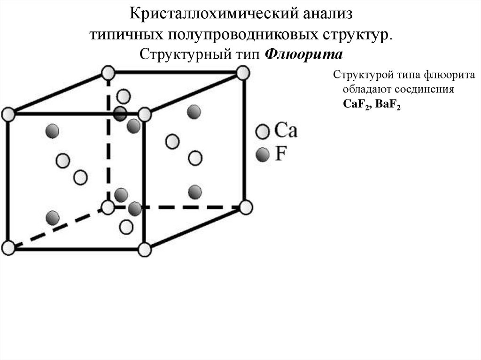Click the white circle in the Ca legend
263,131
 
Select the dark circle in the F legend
263,153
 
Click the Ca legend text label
285,130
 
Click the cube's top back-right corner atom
242,73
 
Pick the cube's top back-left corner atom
108,73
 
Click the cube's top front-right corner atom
145,115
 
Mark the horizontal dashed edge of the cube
188,207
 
